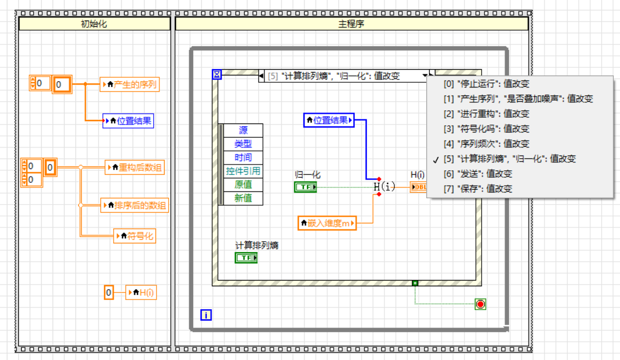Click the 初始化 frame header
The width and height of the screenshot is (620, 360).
[94, 24]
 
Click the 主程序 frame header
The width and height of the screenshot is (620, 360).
[351, 24]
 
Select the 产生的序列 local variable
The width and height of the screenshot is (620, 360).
[130, 85]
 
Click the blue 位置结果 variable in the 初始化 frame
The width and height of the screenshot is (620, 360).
[129, 121]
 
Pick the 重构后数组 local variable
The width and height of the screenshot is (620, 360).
[135, 167]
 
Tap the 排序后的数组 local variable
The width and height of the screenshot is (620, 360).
[135, 205]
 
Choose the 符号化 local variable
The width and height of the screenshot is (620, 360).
[135, 235]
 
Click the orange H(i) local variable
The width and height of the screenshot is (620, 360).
[141, 293]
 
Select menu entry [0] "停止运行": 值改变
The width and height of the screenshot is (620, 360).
[486, 83]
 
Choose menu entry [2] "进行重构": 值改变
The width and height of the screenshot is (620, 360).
[486, 114]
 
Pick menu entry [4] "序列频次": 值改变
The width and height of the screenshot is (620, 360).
[486, 144]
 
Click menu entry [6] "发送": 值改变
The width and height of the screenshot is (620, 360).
[478, 174]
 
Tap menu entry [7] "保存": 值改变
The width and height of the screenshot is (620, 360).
[478, 189]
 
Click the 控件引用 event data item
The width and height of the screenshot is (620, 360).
[243, 171]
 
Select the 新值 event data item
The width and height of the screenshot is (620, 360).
[243, 198]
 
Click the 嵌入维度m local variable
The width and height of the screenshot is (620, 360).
[327, 223]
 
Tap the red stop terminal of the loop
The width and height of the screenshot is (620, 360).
[480, 304]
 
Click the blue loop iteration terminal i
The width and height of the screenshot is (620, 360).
[206, 314]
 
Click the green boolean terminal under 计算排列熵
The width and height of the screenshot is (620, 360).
[246, 258]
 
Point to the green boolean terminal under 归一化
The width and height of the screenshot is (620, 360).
[306, 187]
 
